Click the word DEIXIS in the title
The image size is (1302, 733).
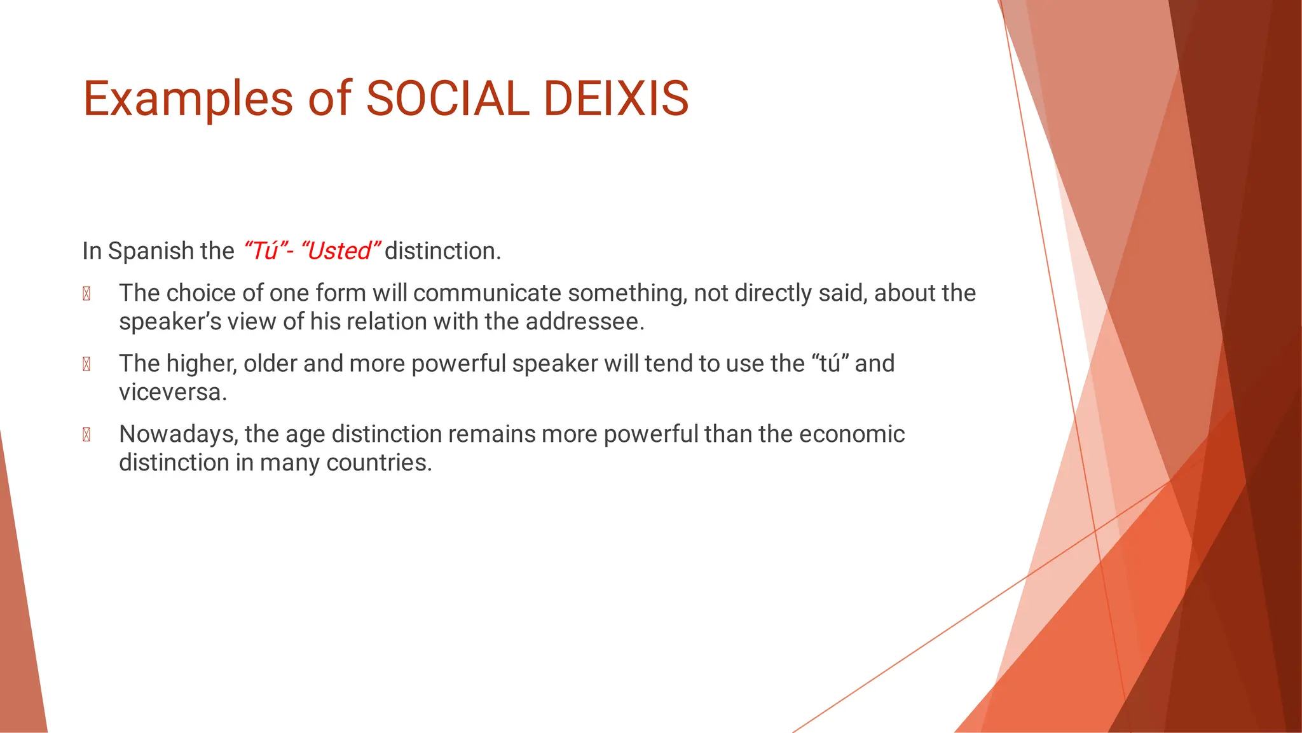coord(616,99)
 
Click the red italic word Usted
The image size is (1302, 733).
coord(339,251)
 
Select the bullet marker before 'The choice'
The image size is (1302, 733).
coord(86,294)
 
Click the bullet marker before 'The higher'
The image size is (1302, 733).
coord(86,364)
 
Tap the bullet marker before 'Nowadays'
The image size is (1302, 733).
coord(86,435)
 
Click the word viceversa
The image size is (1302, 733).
coord(172,392)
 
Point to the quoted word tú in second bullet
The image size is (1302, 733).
coord(830,364)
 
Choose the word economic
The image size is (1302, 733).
coord(851,434)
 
